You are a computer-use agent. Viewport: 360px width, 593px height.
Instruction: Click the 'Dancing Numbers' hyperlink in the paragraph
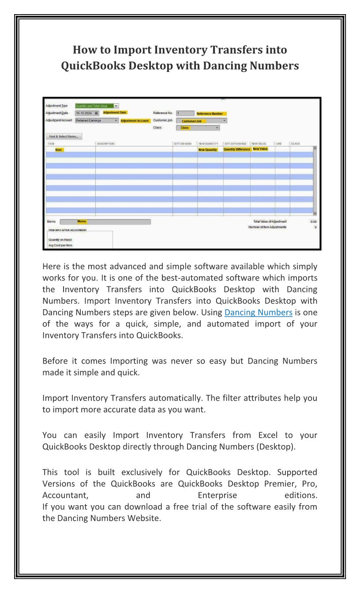point(258,312)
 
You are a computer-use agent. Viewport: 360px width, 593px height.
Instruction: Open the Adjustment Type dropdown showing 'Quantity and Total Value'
point(97,106)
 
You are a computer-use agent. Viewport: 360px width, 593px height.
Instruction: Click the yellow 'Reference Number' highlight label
point(210,114)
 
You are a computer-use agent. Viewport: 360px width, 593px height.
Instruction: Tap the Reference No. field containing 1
point(185,113)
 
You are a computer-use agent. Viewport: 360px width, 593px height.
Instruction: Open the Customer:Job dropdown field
point(201,120)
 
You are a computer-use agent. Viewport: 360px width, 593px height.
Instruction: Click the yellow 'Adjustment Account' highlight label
point(135,121)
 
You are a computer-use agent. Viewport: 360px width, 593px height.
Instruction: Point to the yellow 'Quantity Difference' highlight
point(237,150)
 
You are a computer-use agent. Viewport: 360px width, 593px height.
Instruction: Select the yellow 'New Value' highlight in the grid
point(260,149)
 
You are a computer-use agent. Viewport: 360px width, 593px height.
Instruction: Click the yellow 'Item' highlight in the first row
point(59,150)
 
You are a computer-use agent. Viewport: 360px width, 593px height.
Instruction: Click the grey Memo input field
point(105,222)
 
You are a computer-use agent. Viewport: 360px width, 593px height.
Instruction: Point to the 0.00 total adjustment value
point(313,221)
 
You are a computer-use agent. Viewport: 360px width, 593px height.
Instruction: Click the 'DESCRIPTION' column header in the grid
point(106,144)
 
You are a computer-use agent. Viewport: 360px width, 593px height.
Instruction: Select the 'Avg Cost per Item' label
point(60,245)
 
